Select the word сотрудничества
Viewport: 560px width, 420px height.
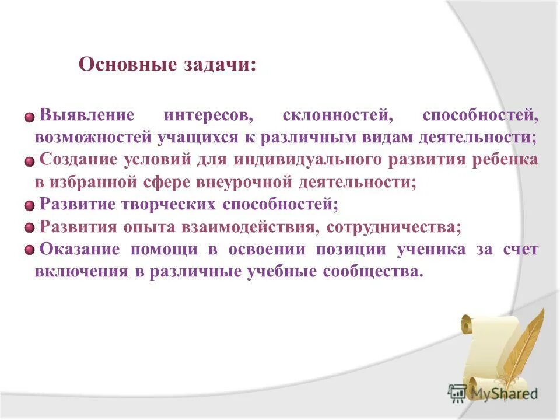[394, 226]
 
